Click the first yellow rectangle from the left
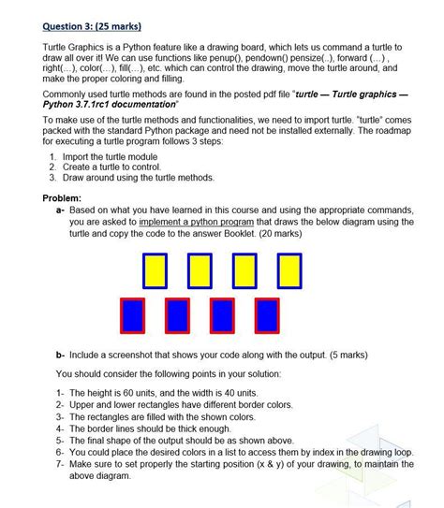tap(155, 269)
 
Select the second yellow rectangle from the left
tap(200, 269)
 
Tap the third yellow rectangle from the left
tap(244, 269)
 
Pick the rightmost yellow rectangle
tap(288, 269)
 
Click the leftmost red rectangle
tap(134, 315)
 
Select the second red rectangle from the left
tap(178, 315)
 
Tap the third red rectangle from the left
tap(222, 315)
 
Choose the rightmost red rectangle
tap(266, 315)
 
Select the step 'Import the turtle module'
tap(117, 155)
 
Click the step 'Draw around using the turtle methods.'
tap(141, 177)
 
